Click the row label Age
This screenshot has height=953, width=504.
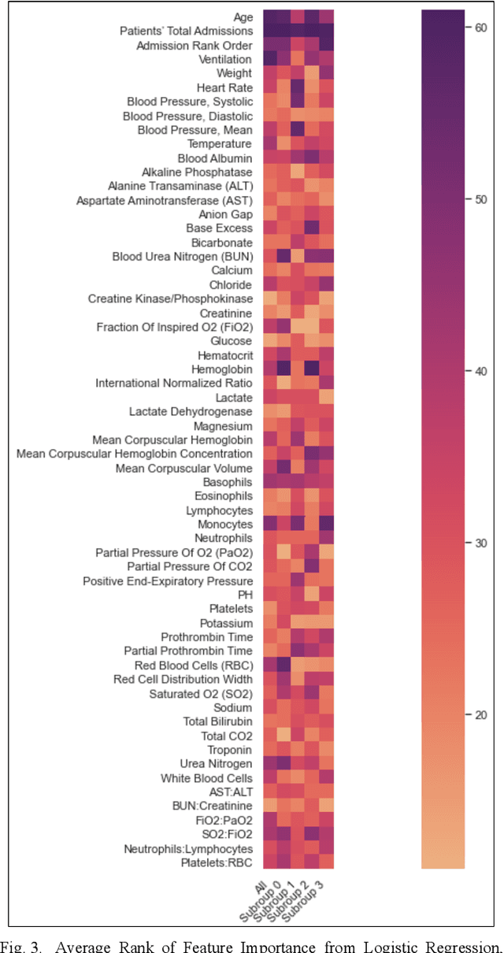[243, 17]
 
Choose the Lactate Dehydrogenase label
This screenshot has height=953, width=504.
[191, 411]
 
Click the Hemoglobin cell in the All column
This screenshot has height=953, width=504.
[269, 369]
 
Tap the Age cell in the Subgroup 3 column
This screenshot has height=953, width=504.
[326, 17]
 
